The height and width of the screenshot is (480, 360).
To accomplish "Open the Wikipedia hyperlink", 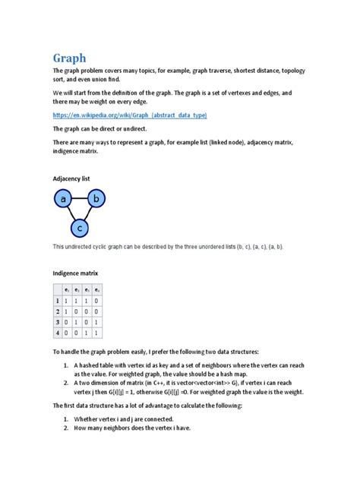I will [130, 115].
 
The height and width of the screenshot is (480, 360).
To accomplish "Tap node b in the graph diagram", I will [96, 200].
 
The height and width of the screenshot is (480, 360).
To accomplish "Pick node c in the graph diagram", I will [79, 227].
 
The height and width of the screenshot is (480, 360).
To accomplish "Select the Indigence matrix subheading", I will [75, 272].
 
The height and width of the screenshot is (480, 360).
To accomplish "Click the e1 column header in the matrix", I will [68, 290].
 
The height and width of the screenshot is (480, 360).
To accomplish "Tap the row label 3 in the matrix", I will [57, 322].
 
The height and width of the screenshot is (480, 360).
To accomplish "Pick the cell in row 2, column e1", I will [68, 311].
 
